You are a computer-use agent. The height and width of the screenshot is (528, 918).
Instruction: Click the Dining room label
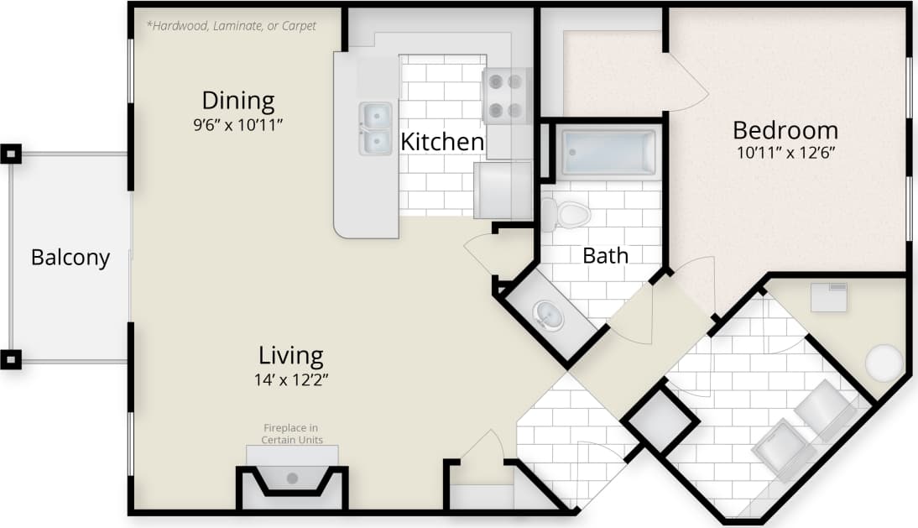pos(237,101)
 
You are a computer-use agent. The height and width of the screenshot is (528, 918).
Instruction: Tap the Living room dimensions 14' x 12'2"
pos(291,379)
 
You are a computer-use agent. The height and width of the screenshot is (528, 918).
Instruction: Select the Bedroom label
pos(785,130)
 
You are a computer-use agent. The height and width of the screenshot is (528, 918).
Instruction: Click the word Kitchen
pos(442,142)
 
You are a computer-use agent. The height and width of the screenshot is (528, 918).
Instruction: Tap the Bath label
pos(605,255)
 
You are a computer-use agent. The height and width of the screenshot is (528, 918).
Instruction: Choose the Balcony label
pos(70,257)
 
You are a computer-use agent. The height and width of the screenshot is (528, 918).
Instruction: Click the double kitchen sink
pos(375,128)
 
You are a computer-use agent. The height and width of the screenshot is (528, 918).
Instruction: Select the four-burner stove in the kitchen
pos(505,96)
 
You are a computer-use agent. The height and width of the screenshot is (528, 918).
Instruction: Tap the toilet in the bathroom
pos(566,212)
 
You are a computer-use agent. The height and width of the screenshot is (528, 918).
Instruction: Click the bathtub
pos(608,153)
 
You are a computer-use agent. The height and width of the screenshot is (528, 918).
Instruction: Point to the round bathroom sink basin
pos(548,315)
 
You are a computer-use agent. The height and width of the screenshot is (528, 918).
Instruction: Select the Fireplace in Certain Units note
pos(292,434)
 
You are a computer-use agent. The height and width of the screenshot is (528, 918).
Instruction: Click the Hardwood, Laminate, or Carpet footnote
pos(232,26)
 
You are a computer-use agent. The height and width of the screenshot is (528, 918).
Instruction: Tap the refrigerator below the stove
pos(503,190)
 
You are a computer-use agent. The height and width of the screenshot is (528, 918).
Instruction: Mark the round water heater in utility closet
pos(884,363)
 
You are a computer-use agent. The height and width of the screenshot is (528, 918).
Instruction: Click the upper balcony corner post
pos(10,154)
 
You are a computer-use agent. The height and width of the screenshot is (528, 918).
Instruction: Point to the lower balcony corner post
pos(10,360)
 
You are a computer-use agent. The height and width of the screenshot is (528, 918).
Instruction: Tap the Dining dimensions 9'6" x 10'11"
pos(237,124)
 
